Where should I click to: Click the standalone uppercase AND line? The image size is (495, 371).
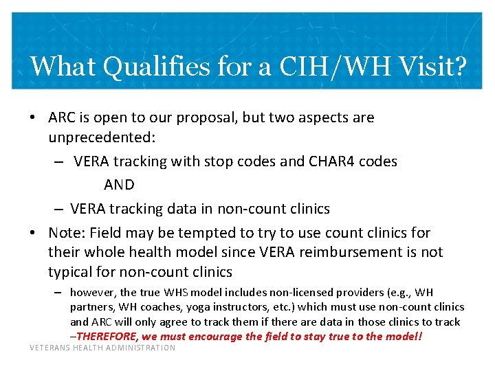coord(119,185)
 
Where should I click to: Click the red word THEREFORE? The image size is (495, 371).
coord(107,337)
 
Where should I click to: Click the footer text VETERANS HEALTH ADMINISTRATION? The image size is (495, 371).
coord(102,348)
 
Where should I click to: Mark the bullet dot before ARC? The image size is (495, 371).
coord(34,117)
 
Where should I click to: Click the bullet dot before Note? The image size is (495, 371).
coord(34,233)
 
